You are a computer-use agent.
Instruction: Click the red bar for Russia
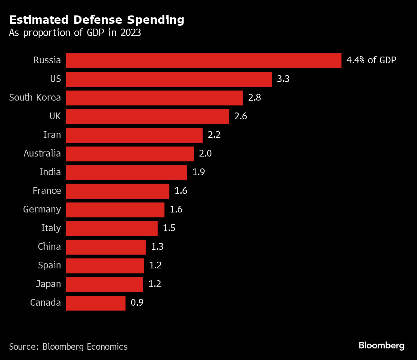[x=204, y=61]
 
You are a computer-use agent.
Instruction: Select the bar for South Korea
[x=154, y=98]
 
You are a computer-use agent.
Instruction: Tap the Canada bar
[x=96, y=303]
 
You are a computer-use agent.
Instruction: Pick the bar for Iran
[x=134, y=135]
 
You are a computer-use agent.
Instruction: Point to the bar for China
[x=106, y=247]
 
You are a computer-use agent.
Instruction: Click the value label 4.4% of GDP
[x=371, y=60]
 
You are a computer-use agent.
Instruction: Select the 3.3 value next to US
[x=283, y=79]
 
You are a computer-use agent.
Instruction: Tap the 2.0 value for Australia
[x=205, y=153]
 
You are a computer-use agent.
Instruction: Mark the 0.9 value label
[x=137, y=302]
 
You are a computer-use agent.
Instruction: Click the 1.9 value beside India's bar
[x=199, y=172]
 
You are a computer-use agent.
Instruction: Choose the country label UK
[x=55, y=116]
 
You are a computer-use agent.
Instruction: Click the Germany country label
[x=42, y=209]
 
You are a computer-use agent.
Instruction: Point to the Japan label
[x=48, y=284]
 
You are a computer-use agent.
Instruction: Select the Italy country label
[x=51, y=228]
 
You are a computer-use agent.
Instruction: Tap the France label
[x=47, y=191]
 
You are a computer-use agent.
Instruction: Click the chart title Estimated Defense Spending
[x=97, y=20]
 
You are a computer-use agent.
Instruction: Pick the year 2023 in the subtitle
[x=130, y=33]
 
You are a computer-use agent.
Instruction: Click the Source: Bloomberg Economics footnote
[x=68, y=346]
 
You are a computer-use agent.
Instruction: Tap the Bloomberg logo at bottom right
[x=381, y=346]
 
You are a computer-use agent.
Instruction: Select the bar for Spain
[x=105, y=266]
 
